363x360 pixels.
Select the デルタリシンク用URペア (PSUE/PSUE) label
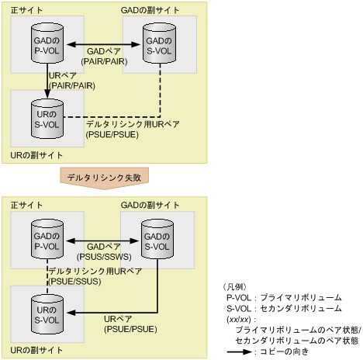(124, 129)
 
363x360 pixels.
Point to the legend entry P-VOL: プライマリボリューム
(275, 297)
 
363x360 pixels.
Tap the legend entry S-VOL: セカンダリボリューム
(276, 308)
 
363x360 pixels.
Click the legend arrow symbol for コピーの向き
(240, 352)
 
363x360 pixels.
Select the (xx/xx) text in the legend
(237, 319)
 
